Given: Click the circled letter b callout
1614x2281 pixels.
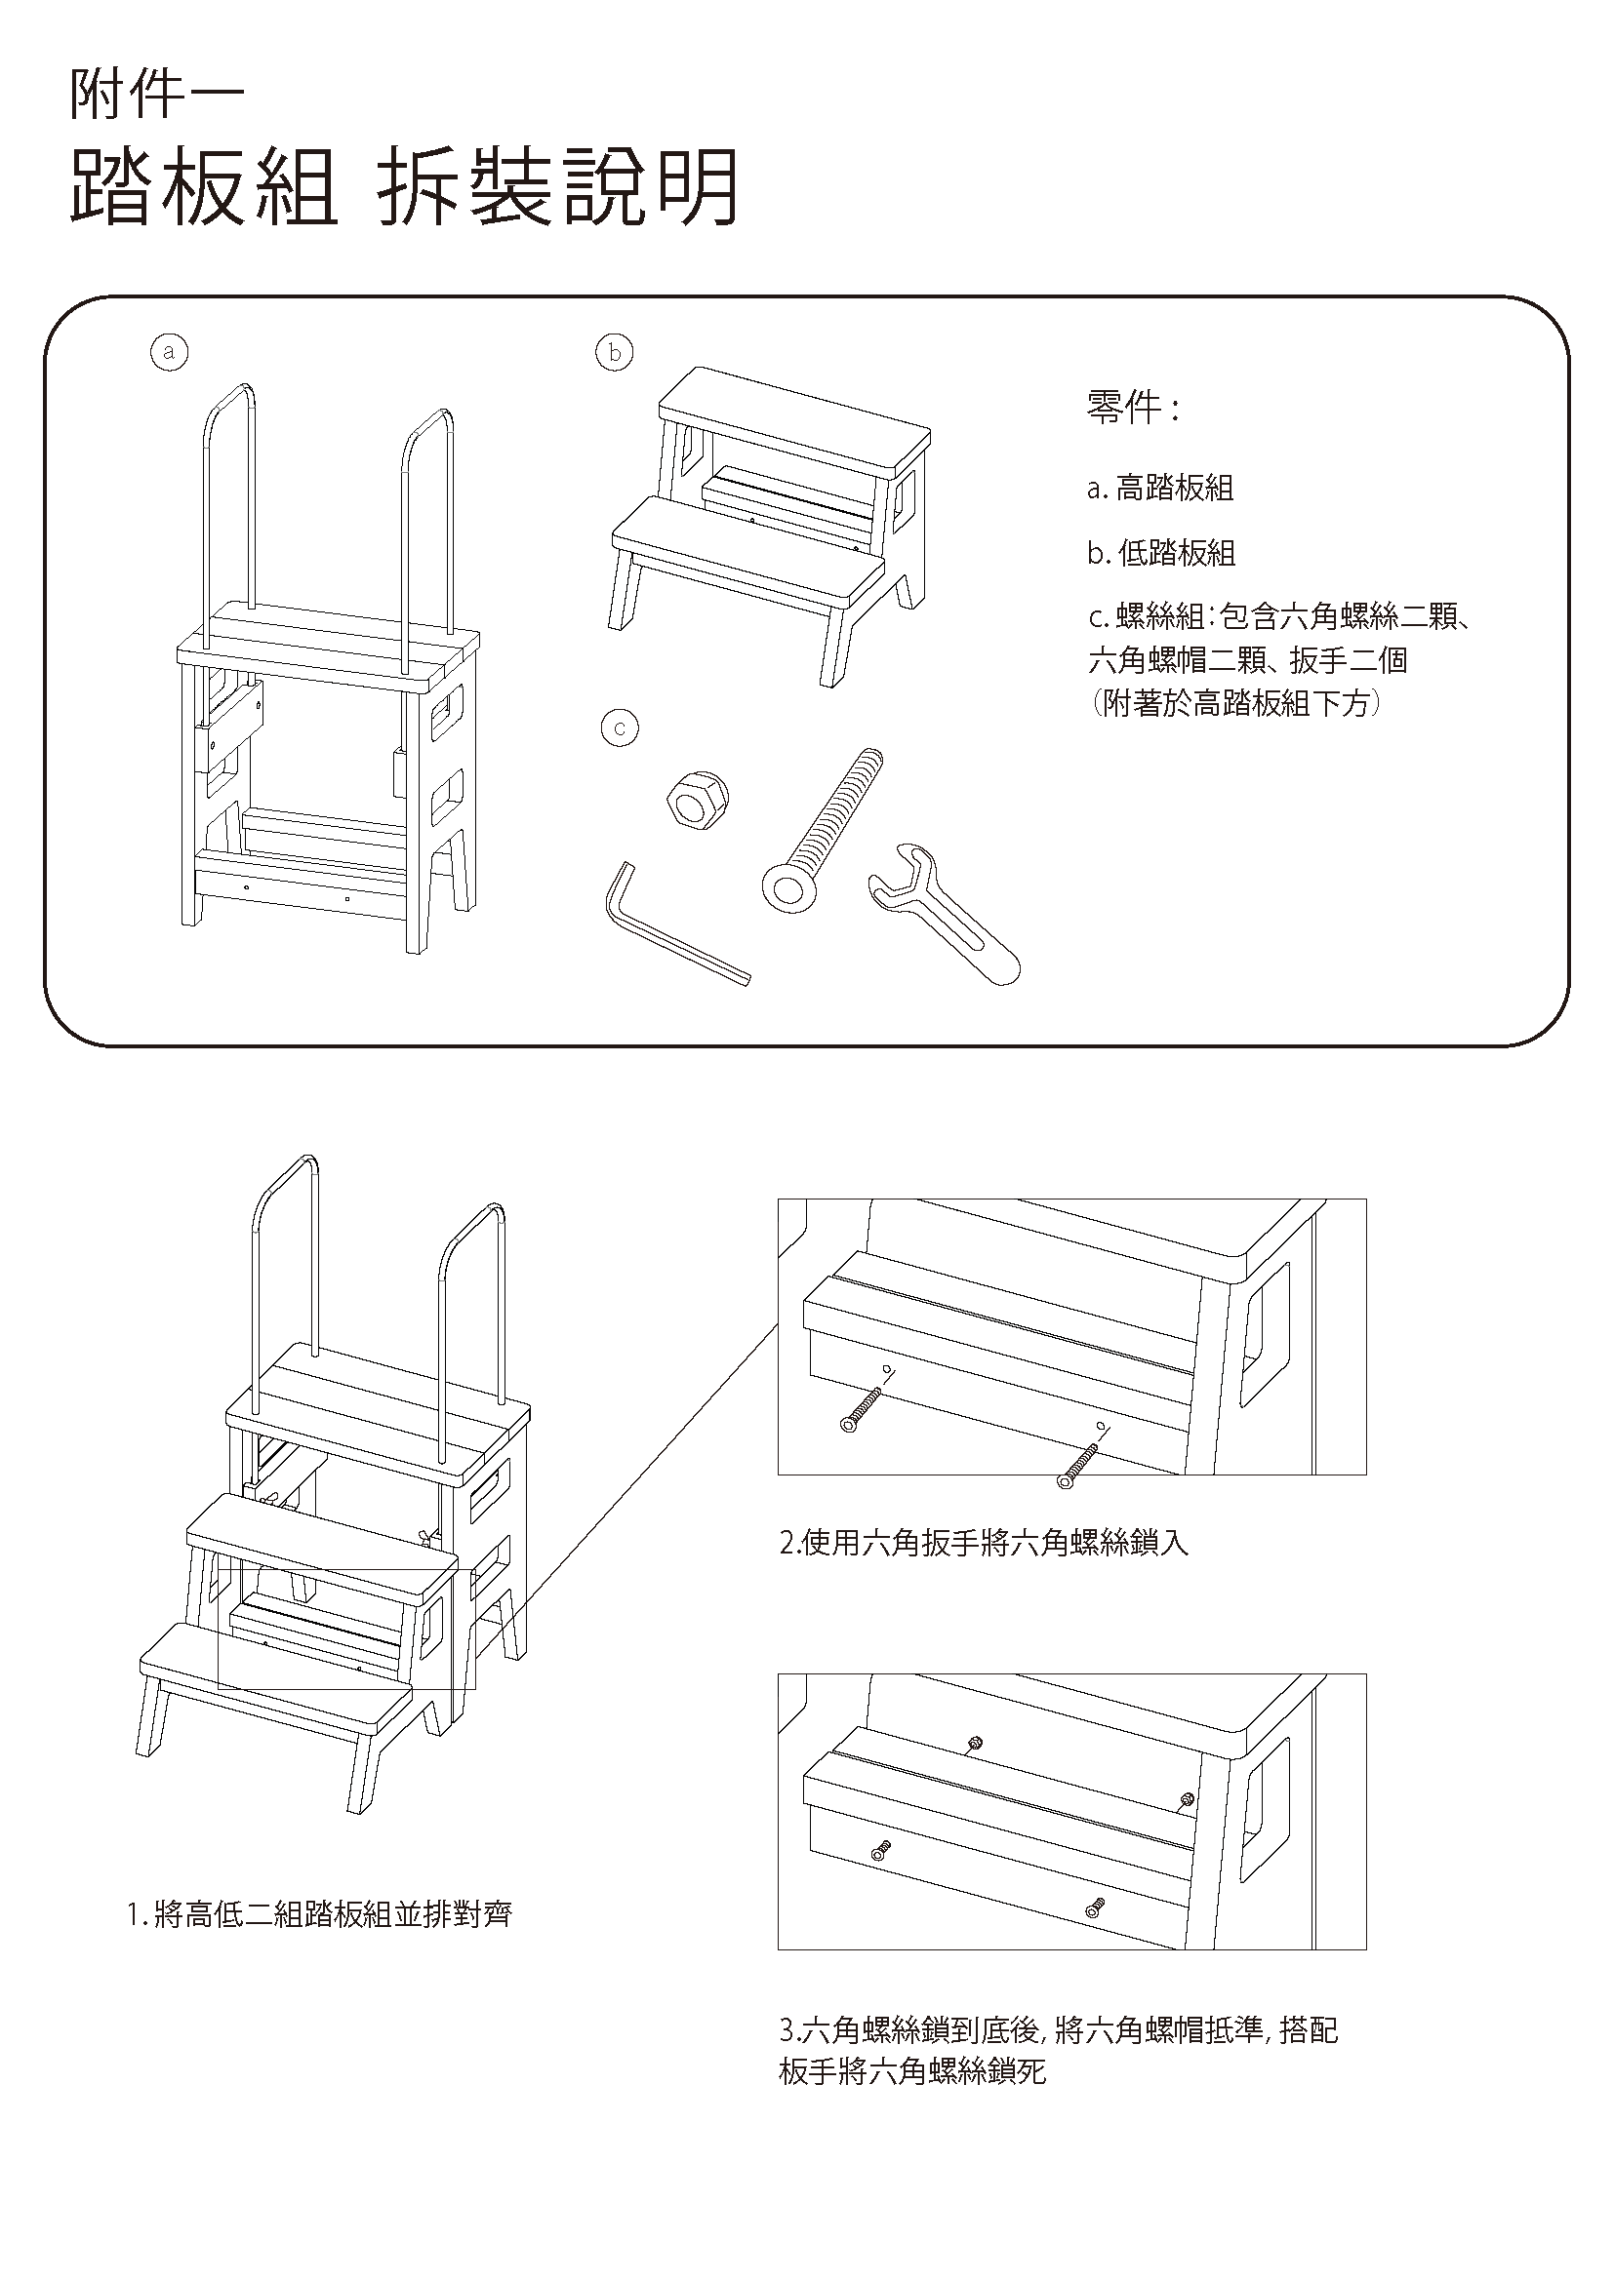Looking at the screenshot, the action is [614, 352].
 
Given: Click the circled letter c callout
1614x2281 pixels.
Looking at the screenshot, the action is [621, 728].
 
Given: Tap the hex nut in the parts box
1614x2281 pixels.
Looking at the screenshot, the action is [696, 800].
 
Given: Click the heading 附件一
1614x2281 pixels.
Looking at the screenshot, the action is [156, 98].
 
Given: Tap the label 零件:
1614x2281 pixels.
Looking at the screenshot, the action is [1132, 407].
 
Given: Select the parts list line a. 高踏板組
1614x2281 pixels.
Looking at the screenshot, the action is [1160, 488].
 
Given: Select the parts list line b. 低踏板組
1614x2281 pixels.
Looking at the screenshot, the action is [1161, 553].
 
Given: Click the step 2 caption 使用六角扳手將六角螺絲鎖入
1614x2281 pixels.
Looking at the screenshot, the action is [984, 1543].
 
